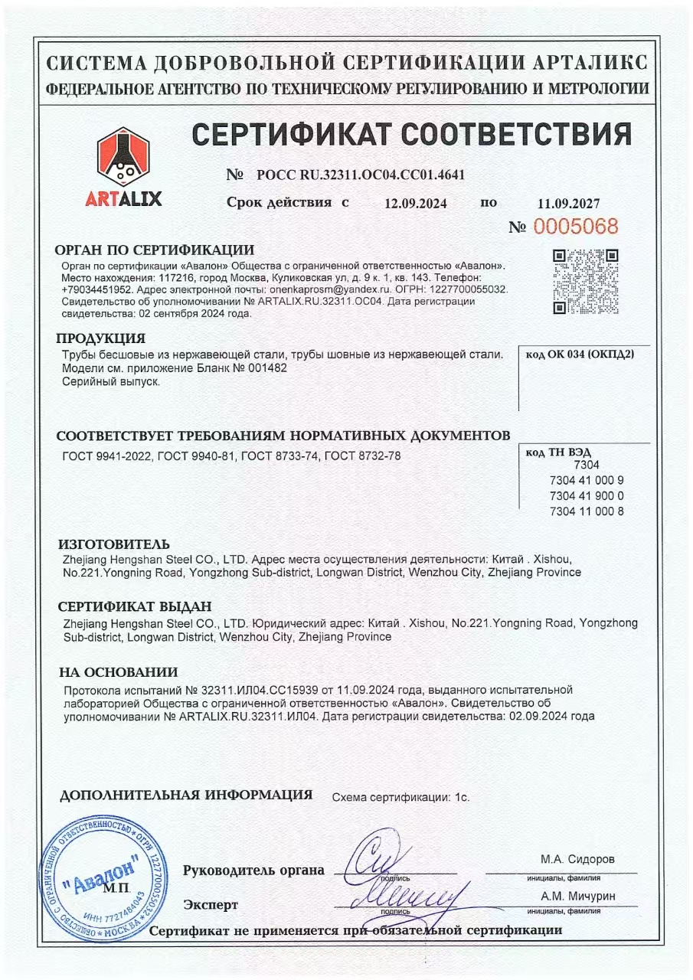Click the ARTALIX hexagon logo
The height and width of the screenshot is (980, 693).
pos(123,158)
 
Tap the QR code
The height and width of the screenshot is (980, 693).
pos(586,281)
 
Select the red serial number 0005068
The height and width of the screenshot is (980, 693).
pos(574,227)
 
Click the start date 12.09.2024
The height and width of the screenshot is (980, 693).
pos(416,204)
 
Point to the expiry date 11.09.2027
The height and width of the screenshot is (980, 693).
pos(569,204)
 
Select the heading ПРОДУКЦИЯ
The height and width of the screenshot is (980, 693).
pos(100,338)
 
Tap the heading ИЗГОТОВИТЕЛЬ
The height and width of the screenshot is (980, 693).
pos(114,544)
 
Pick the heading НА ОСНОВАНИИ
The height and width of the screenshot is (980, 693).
pos(119,672)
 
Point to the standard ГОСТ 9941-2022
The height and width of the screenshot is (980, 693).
pos(107,456)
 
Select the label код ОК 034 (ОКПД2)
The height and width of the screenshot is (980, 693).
pos(580,354)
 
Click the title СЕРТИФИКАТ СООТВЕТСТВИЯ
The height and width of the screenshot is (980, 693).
pos(411,135)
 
